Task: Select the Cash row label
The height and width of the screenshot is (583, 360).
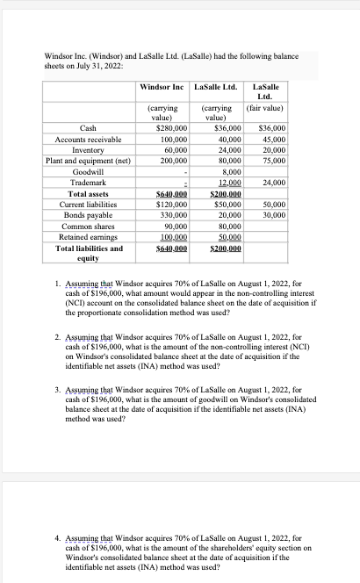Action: click(88, 128)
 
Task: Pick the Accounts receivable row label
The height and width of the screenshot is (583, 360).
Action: click(88, 140)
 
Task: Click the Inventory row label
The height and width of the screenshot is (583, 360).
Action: click(88, 150)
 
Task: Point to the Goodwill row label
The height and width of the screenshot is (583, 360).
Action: click(88, 173)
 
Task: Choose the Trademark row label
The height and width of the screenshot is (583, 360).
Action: click(88, 184)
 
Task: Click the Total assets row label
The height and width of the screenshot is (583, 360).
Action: click(88, 194)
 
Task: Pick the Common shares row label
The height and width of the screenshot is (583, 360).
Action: click(88, 227)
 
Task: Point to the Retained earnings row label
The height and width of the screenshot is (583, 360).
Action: click(88, 237)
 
